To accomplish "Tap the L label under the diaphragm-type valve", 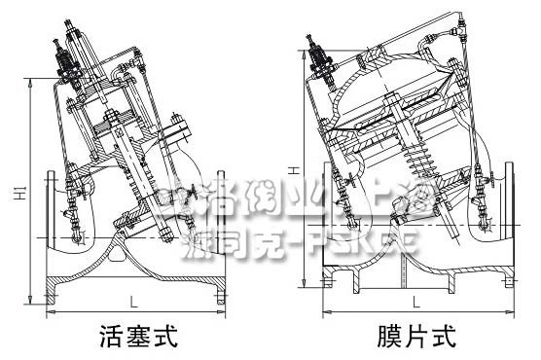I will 414,300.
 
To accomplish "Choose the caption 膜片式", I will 415,338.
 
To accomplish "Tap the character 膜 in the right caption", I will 389,338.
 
